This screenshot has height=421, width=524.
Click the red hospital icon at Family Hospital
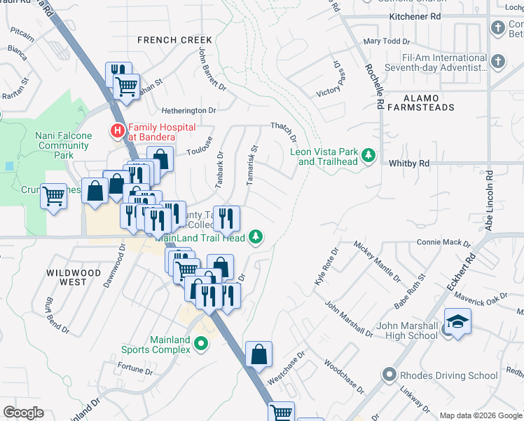click(x=117, y=130)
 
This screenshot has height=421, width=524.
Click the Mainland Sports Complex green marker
click(x=202, y=344)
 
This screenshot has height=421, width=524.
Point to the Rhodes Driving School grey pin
click(x=388, y=375)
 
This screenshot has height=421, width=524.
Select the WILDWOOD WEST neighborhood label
click(x=67, y=277)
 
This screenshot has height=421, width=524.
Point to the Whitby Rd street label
click(x=408, y=163)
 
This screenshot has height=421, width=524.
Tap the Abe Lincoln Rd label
click(x=489, y=201)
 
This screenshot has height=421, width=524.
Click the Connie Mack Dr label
click(x=443, y=243)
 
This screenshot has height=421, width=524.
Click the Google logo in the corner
click(x=23, y=413)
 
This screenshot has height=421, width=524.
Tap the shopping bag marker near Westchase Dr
click(x=258, y=355)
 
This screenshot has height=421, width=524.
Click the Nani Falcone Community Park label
click(x=64, y=140)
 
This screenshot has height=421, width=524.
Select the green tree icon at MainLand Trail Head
click(x=257, y=237)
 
